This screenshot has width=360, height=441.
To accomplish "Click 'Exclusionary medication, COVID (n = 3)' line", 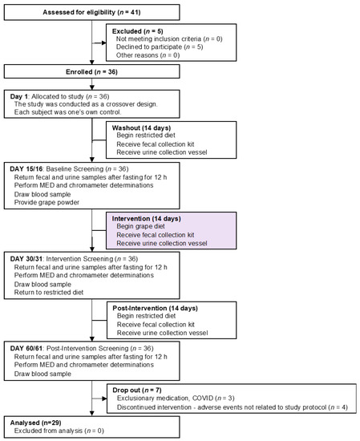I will (x=188, y=399).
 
